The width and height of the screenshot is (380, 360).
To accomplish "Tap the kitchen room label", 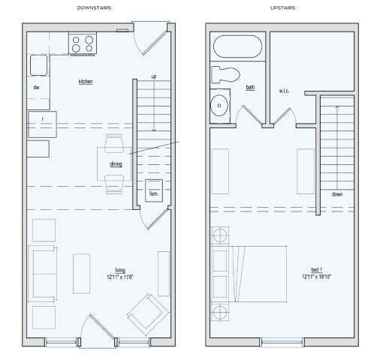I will point(86,80).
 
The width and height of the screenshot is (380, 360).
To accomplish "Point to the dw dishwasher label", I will point(36,88).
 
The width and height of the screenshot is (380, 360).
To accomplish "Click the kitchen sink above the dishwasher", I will point(39,64).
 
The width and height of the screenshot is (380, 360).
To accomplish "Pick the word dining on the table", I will point(116,163).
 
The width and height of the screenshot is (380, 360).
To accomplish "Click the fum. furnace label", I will point(154,193).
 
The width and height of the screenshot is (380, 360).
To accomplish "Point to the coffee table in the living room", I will point(81,271).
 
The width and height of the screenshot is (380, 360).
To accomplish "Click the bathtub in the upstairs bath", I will point(236,47).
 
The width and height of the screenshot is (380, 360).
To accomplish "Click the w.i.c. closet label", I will point(284,91).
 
